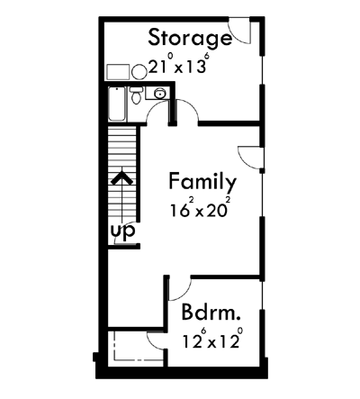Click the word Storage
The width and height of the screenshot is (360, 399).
[x=189, y=38]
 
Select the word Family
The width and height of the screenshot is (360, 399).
[x=202, y=182]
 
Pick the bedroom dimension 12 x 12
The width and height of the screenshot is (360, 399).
[x=211, y=341]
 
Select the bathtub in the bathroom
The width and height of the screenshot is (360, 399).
[x=116, y=106]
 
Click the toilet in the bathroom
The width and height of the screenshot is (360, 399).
[x=135, y=96]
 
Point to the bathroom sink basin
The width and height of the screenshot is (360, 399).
[x=157, y=92]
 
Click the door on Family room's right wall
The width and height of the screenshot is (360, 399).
[x=249, y=158]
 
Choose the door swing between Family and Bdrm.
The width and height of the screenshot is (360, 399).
[x=177, y=289]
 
